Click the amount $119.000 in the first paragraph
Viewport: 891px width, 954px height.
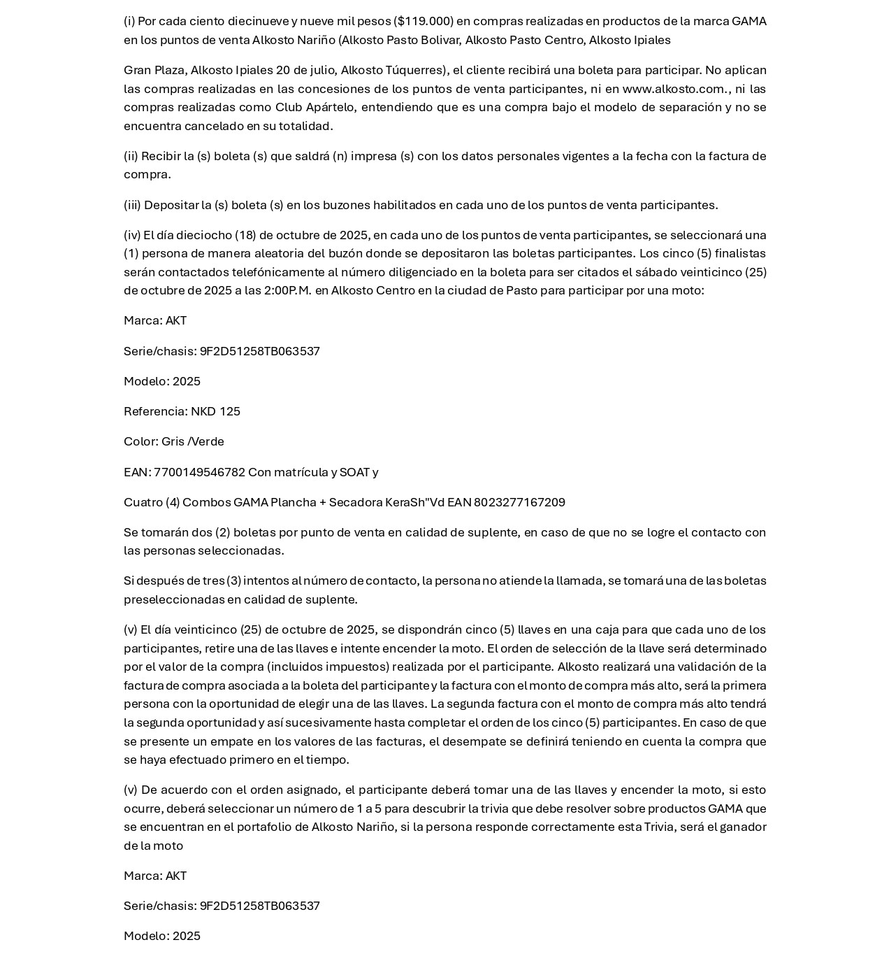(x=424, y=21)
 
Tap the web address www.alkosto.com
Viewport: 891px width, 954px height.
(x=674, y=89)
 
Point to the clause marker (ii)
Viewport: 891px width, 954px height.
(x=131, y=156)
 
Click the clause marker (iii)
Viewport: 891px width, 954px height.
(x=132, y=205)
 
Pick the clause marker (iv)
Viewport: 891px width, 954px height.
(x=132, y=235)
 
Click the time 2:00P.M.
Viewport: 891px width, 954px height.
(x=287, y=290)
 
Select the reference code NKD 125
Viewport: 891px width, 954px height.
(x=215, y=411)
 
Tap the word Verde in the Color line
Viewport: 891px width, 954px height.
(x=208, y=441)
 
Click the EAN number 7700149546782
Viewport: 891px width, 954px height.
(x=199, y=472)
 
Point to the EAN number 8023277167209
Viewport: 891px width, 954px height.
(x=519, y=502)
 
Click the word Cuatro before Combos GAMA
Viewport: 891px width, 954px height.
(x=143, y=502)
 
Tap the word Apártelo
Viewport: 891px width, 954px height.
(x=333, y=107)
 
